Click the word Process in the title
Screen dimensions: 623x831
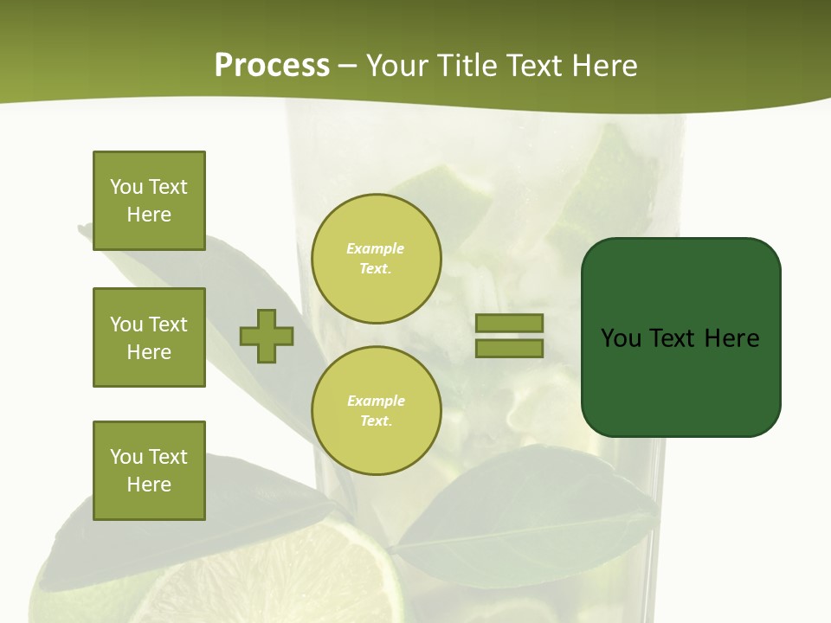272,65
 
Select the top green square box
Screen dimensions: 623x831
149,201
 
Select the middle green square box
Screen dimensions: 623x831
149,337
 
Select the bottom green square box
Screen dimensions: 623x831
149,471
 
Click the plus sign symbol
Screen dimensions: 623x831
267,337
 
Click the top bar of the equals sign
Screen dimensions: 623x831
510,324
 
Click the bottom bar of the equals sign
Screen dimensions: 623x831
510,349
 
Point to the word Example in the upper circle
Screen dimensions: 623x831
375,248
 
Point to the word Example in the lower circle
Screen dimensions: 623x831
376,401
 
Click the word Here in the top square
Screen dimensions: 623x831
149,215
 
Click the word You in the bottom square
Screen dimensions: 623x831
126,457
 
